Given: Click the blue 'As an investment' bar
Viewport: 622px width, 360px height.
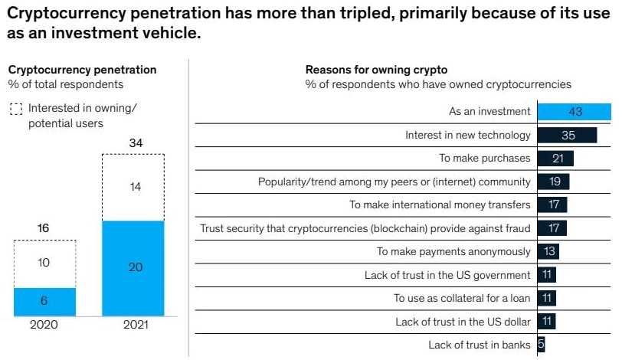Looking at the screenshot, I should click(x=575, y=112).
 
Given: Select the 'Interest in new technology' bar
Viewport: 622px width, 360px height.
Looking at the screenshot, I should click(x=568, y=136).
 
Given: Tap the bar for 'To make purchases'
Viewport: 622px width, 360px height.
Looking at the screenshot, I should click(x=555, y=159).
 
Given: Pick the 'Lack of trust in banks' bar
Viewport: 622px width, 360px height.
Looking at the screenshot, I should click(x=541, y=345).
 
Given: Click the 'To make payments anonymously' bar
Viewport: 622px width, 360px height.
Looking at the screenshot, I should click(x=548, y=251).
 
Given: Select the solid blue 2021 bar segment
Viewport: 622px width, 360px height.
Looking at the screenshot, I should click(x=133, y=269).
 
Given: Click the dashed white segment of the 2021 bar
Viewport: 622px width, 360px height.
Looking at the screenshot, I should click(x=133, y=187).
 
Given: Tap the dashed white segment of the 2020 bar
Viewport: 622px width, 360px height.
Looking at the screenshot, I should click(x=45, y=263).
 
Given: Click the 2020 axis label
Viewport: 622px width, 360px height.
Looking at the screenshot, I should click(x=45, y=326).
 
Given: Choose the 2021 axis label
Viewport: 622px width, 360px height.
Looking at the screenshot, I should click(x=133, y=326).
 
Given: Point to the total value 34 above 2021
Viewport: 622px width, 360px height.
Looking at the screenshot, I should click(x=136, y=142).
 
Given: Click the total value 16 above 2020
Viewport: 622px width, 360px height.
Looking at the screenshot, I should click(x=43, y=228).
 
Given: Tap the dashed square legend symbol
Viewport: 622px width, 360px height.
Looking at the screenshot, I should click(x=16, y=110).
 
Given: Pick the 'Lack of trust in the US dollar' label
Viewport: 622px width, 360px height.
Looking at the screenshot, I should click(x=463, y=322).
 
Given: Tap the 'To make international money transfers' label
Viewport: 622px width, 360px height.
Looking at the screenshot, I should click(x=440, y=205).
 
